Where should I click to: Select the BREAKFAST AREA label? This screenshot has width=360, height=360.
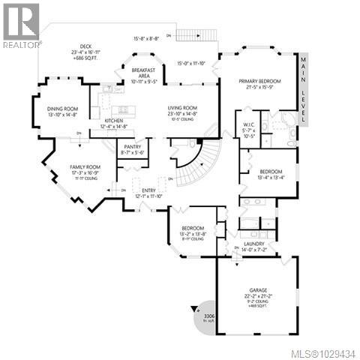click(x=142, y=73)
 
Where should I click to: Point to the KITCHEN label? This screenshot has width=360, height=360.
click(x=113, y=120)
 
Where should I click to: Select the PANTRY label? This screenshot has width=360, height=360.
click(x=132, y=147)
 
